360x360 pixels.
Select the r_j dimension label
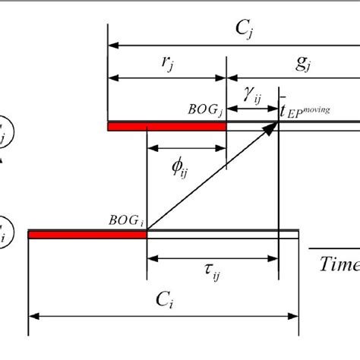pyautogui.click(x=166, y=63)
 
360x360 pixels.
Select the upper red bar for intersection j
pyautogui.click(x=167, y=127)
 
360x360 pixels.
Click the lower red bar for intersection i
pyautogui.click(x=87, y=235)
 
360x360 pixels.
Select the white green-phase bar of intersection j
pyautogui.click(x=292, y=127)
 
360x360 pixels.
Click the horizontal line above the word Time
pyautogui.click(x=333, y=248)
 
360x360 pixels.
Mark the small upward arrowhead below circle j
pyautogui.click(x=2, y=160)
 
